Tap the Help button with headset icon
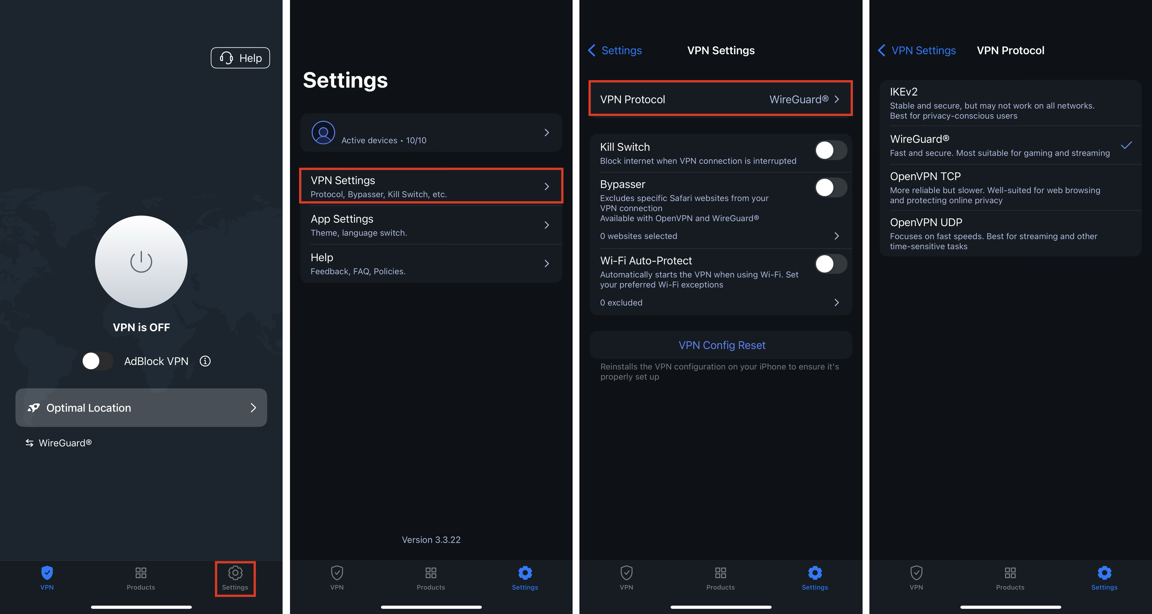[x=240, y=58]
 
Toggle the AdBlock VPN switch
[x=98, y=361]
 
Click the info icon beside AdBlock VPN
[x=205, y=361]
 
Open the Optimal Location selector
[x=141, y=407]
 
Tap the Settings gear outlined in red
[x=235, y=578]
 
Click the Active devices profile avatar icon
[x=323, y=132]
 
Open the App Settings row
[x=431, y=225]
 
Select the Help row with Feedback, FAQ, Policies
[x=431, y=264]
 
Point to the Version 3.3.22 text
[x=431, y=540]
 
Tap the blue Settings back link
[x=615, y=50]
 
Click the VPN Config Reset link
[x=722, y=345]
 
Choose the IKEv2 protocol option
[x=1010, y=103]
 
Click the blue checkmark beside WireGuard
[x=1126, y=145]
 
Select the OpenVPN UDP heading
[x=926, y=222]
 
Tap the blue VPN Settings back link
[x=917, y=50]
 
